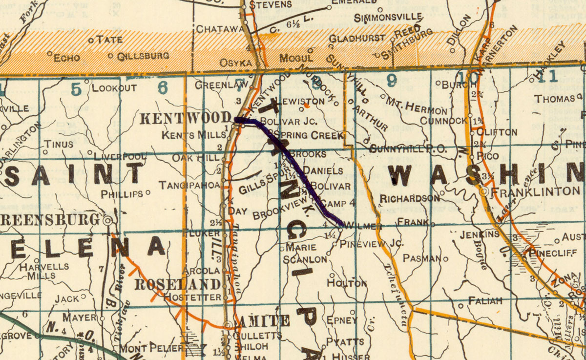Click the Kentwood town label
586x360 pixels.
[185, 118]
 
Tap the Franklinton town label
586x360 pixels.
[535, 191]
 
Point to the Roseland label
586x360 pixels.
[177, 284]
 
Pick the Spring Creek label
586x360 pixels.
[309, 135]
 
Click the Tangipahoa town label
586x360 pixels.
[189, 185]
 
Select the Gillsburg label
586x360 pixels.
[143, 56]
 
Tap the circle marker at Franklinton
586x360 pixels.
[483, 192]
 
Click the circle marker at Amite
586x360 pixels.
[227, 325]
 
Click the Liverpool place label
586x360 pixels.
[120, 157]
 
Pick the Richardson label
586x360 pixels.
[403, 198]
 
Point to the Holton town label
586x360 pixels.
[347, 283]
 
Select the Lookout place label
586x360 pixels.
[114, 88]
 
